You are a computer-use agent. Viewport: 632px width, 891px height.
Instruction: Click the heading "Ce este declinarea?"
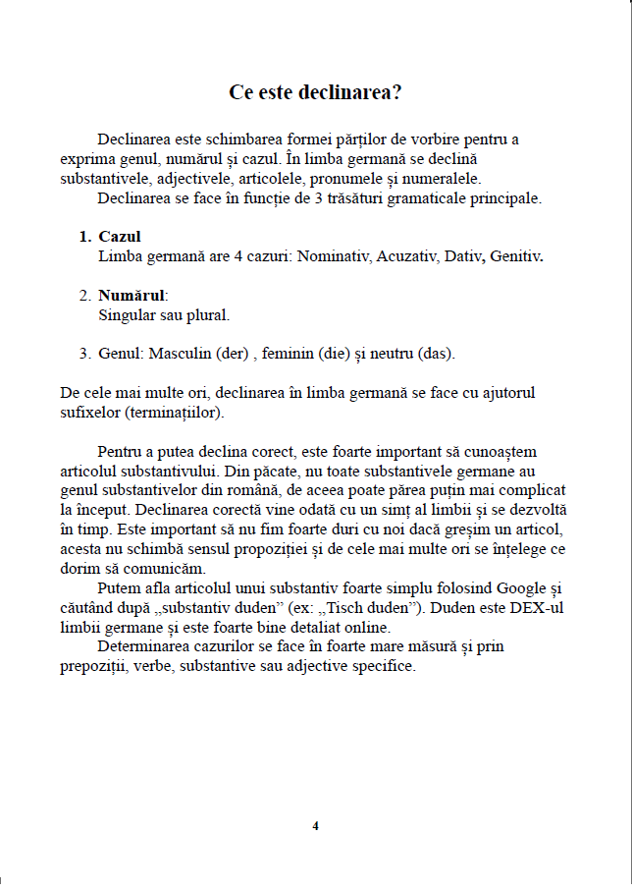click(x=315, y=92)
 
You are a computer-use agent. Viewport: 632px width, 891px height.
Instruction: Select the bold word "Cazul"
click(x=120, y=237)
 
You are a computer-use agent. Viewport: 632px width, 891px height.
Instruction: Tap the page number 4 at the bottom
click(x=315, y=826)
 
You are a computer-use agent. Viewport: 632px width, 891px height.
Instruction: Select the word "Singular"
click(x=129, y=315)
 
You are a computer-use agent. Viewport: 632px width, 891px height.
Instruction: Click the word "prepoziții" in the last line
click(x=93, y=666)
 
